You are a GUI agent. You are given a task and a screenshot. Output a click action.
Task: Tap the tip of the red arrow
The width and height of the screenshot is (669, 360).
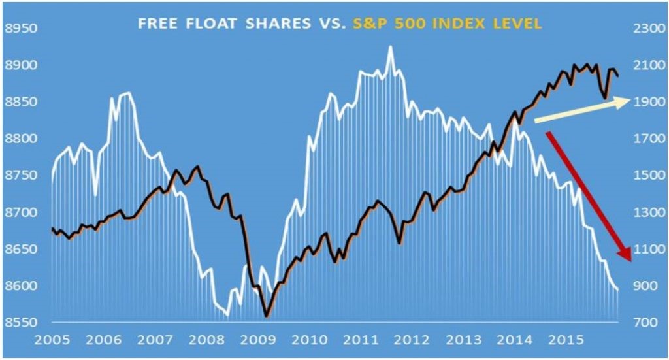point(629,261)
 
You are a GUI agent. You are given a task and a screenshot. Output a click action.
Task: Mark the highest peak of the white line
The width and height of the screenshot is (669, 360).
point(390,46)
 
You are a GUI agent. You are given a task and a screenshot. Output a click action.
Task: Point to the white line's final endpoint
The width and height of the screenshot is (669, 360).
point(618,289)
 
